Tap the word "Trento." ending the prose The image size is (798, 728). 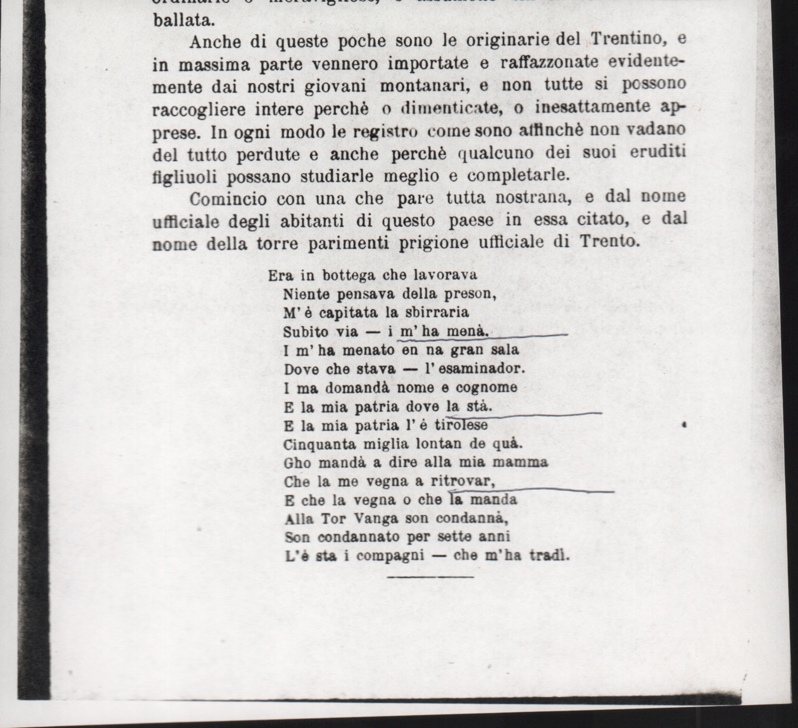click(x=609, y=241)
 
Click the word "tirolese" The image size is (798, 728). click(x=461, y=426)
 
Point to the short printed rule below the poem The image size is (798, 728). click(x=430, y=576)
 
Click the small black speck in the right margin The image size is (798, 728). click(x=684, y=425)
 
